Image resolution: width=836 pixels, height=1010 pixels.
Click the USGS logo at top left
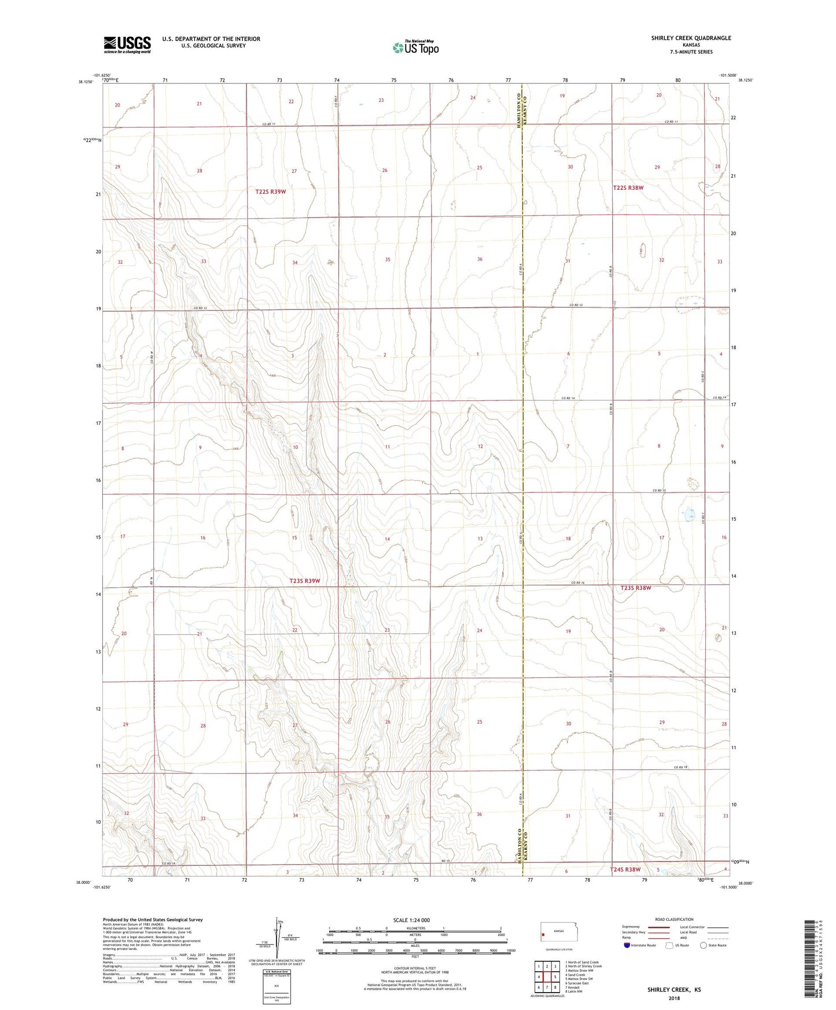(x=127, y=45)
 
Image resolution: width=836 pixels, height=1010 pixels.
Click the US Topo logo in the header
(x=415, y=47)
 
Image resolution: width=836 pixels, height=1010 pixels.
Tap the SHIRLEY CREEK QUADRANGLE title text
(x=691, y=38)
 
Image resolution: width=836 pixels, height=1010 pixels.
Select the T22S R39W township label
(x=271, y=191)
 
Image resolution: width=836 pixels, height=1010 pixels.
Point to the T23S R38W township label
(x=636, y=588)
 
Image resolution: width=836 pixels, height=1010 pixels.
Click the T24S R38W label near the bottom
(x=625, y=869)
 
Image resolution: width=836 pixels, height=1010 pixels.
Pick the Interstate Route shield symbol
(x=627, y=945)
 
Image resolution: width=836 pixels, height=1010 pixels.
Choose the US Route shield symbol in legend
(x=670, y=945)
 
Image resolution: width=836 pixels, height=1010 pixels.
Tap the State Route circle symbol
(x=704, y=945)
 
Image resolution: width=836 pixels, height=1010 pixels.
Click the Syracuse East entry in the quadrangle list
(x=578, y=983)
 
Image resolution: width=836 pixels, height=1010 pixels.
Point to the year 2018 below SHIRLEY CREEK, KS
(x=674, y=998)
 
